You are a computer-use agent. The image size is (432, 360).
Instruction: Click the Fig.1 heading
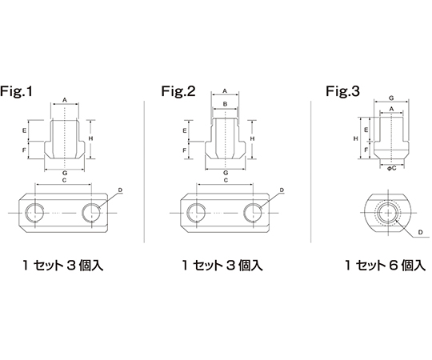pos(16,91)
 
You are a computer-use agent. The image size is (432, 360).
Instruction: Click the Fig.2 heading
pos(178,91)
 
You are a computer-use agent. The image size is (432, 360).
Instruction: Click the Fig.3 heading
pos(342,91)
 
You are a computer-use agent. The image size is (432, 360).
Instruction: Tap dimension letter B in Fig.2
pos(225,104)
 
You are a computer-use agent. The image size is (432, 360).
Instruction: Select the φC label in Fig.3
pos(391,168)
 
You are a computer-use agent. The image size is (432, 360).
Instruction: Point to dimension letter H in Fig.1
pos(90,138)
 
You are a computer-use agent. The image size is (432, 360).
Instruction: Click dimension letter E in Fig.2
pos(185,131)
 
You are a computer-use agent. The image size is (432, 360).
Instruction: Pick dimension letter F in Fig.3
pos(366,150)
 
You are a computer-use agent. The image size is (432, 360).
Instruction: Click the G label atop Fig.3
pos(391,98)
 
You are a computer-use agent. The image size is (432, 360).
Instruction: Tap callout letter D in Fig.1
pos(120,190)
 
